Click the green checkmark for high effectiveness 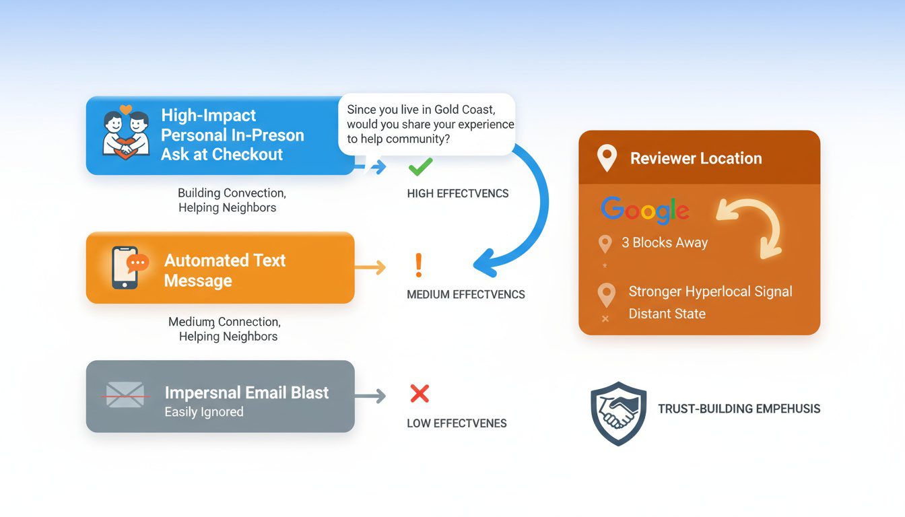tap(420, 166)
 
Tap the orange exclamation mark tap(418, 266)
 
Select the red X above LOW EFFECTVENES tap(420, 394)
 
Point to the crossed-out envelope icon tap(125, 395)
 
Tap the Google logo tap(644, 210)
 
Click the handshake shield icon tap(617, 413)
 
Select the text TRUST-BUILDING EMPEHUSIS tap(739, 409)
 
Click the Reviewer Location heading tap(696, 159)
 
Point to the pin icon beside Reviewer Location tap(607, 159)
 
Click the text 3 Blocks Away tap(665, 243)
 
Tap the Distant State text tap(667, 314)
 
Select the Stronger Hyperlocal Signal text tap(710, 291)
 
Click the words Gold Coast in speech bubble tap(463, 109)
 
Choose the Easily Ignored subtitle tap(204, 411)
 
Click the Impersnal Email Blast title tap(246, 393)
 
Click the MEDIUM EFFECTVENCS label tap(466, 294)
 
